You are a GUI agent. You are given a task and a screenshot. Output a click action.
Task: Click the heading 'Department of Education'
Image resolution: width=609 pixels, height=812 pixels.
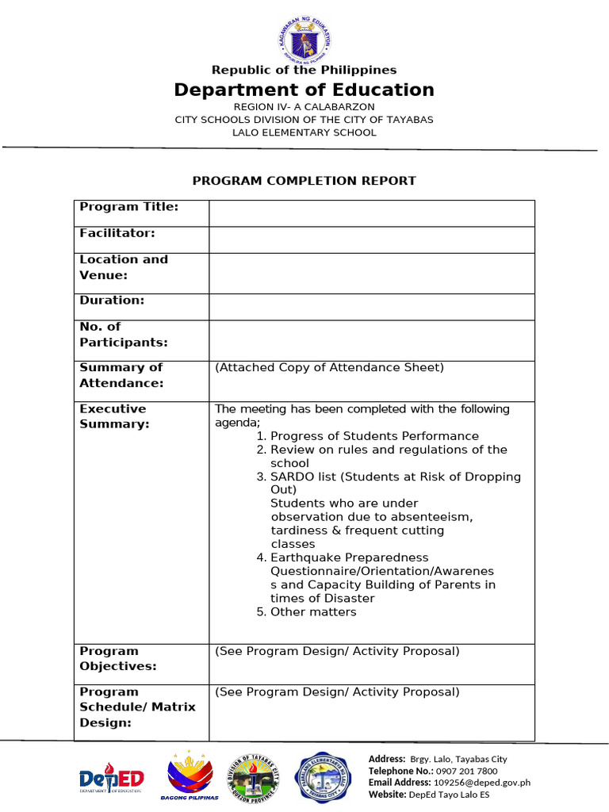pos(304,90)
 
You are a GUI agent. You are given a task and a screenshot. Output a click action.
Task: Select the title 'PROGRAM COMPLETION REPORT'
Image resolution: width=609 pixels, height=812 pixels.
pos(304,181)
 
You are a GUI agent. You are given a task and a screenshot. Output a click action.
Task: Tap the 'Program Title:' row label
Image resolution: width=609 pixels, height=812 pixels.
pos(128,207)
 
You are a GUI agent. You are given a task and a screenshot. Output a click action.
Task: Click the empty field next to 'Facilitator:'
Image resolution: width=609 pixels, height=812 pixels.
pos(371,239)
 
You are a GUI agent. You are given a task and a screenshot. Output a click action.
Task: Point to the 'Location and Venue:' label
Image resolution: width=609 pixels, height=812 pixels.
pos(124,267)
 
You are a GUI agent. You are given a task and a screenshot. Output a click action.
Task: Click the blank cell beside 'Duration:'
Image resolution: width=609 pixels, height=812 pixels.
pos(371,307)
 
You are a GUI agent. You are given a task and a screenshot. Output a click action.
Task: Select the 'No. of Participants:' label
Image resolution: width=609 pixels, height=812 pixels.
pos(124,335)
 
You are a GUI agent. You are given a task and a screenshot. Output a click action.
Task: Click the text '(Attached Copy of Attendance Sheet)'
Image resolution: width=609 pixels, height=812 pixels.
pos(329,367)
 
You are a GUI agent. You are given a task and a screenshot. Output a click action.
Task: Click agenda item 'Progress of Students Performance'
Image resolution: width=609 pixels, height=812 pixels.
pos(374,436)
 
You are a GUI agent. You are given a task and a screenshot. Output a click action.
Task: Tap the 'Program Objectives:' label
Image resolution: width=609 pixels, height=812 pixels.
pos(118,659)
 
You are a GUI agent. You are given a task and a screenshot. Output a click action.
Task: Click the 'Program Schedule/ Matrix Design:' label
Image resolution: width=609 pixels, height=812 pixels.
pos(137,707)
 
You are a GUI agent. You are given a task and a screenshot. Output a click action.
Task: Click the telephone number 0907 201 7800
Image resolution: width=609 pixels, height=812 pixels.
pos(465,771)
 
